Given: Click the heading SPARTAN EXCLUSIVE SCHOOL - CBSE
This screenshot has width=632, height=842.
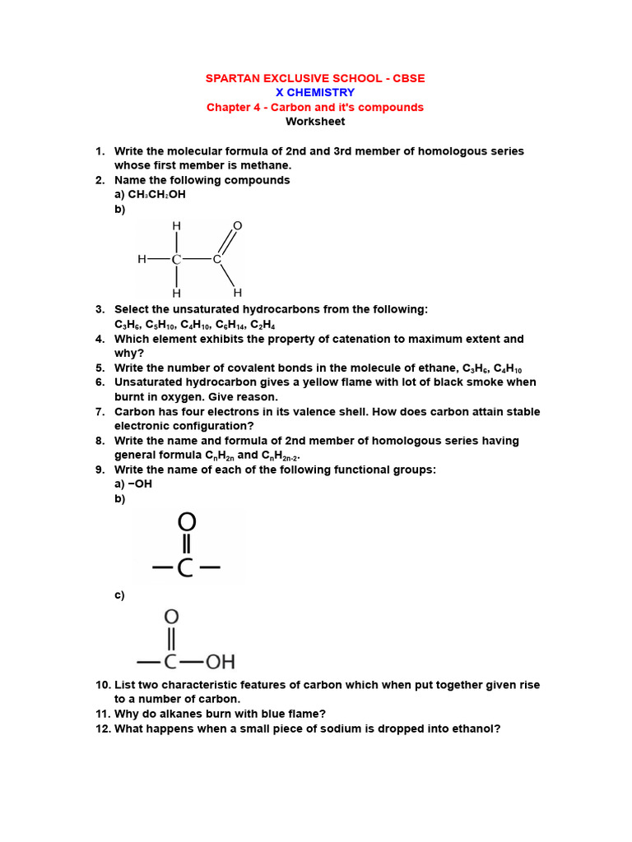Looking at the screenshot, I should tap(315, 78).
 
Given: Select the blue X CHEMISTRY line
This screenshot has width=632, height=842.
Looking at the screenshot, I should tap(315, 93).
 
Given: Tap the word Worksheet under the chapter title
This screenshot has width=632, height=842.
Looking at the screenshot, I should tap(315, 122).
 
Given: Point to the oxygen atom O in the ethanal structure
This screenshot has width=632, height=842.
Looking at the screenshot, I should tap(238, 225).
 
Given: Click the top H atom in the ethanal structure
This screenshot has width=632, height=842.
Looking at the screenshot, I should tap(175, 225).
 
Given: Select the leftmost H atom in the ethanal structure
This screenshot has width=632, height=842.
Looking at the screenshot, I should tap(142, 259).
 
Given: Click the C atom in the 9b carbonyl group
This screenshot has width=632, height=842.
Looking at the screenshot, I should tap(187, 567).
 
